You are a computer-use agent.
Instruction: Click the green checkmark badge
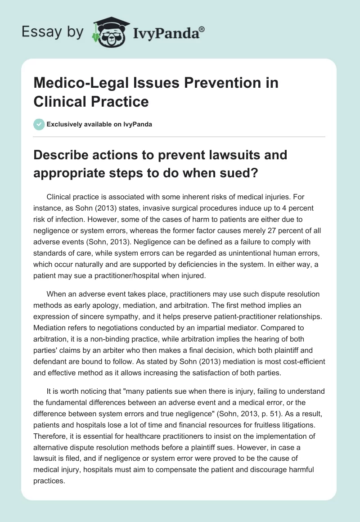(x=39, y=124)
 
